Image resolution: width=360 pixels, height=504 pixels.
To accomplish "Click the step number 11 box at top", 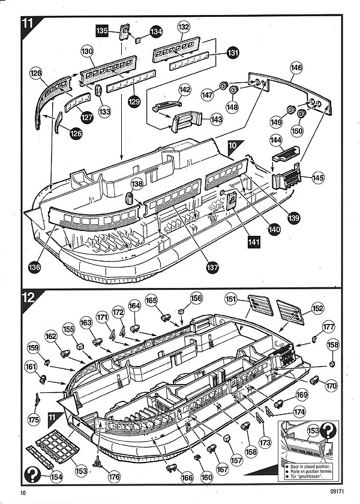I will [x=28, y=24].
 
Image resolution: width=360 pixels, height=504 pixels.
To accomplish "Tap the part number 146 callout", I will [x=296, y=68].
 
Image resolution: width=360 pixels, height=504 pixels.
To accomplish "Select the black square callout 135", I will [x=102, y=30].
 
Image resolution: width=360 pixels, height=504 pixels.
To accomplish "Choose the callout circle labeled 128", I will [x=37, y=73].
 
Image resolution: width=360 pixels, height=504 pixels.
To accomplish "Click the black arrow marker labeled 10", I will [x=234, y=145].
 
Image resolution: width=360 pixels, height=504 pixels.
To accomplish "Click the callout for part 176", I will [x=113, y=477].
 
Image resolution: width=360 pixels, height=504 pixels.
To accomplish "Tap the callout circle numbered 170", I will [x=331, y=386].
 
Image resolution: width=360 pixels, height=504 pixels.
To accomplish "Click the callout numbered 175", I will [x=34, y=420].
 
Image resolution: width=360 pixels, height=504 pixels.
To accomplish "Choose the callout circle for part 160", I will [x=206, y=478].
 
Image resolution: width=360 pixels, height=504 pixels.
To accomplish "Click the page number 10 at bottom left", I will [x=23, y=493].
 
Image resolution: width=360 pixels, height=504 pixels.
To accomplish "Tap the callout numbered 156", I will [x=196, y=298].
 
